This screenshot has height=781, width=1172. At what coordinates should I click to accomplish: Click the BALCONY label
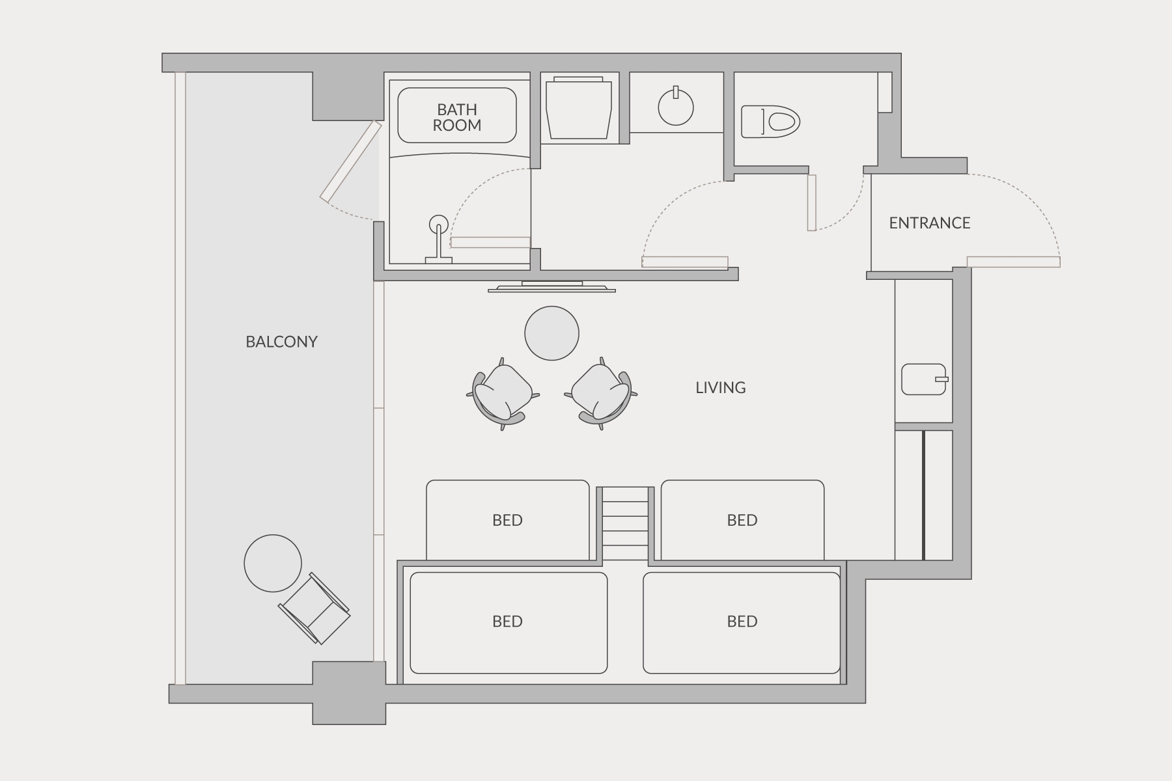click(281, 342)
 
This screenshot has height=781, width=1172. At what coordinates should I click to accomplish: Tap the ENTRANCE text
click(930, 223)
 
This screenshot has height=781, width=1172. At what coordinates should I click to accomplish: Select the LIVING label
click(721, 388)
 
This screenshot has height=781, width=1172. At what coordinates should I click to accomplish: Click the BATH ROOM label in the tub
click(457, 117)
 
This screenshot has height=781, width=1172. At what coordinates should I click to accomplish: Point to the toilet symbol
click(771, 122)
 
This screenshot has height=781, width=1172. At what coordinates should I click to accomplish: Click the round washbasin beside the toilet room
click(676, 107)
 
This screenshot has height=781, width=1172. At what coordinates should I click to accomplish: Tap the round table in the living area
click(551, 333)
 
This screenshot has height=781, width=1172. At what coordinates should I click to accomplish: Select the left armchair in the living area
click(502, 394)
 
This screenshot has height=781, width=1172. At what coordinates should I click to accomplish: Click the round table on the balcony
click(273, 563)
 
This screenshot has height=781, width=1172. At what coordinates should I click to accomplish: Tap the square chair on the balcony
click(314, 609)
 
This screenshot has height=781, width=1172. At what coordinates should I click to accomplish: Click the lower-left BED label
click(507, 622)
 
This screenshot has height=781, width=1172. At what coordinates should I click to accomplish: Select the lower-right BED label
click(742, 622)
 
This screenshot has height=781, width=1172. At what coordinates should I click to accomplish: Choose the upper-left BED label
click(507, 520)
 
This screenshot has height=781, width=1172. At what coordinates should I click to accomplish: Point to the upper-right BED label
click(742, 520)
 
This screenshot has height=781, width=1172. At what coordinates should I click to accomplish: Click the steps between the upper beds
click(625, 523)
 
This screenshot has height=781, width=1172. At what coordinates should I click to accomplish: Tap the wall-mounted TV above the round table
click(551, 286)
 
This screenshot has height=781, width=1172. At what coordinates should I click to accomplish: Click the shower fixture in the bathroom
click(439, 239)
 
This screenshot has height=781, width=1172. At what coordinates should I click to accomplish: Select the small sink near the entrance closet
click(925, 379)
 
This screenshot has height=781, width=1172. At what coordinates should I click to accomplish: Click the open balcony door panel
click(350, 161)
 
